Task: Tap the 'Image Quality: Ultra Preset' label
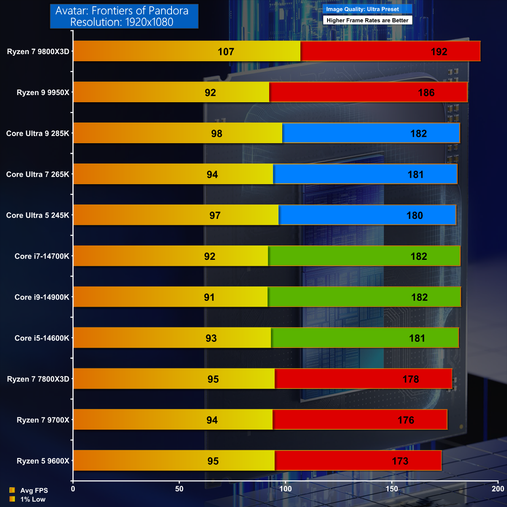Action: point(363,9)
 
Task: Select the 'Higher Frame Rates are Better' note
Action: point(367,20)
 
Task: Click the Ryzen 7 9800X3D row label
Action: point(38,52)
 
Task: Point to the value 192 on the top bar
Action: point(439,52)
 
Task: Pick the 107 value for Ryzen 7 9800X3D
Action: point(226,52)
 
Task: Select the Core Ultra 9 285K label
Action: point(38,134)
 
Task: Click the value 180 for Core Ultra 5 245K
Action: point(414,215)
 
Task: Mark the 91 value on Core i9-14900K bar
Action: point(209,297)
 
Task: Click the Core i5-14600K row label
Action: point(42,338)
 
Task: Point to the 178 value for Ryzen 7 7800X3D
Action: point(411,379)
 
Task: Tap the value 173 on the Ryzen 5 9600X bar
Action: point(400,461)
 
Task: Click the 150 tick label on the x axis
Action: point(392,489)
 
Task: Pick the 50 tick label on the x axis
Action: point(179,489)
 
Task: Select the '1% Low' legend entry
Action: point(33,499)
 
